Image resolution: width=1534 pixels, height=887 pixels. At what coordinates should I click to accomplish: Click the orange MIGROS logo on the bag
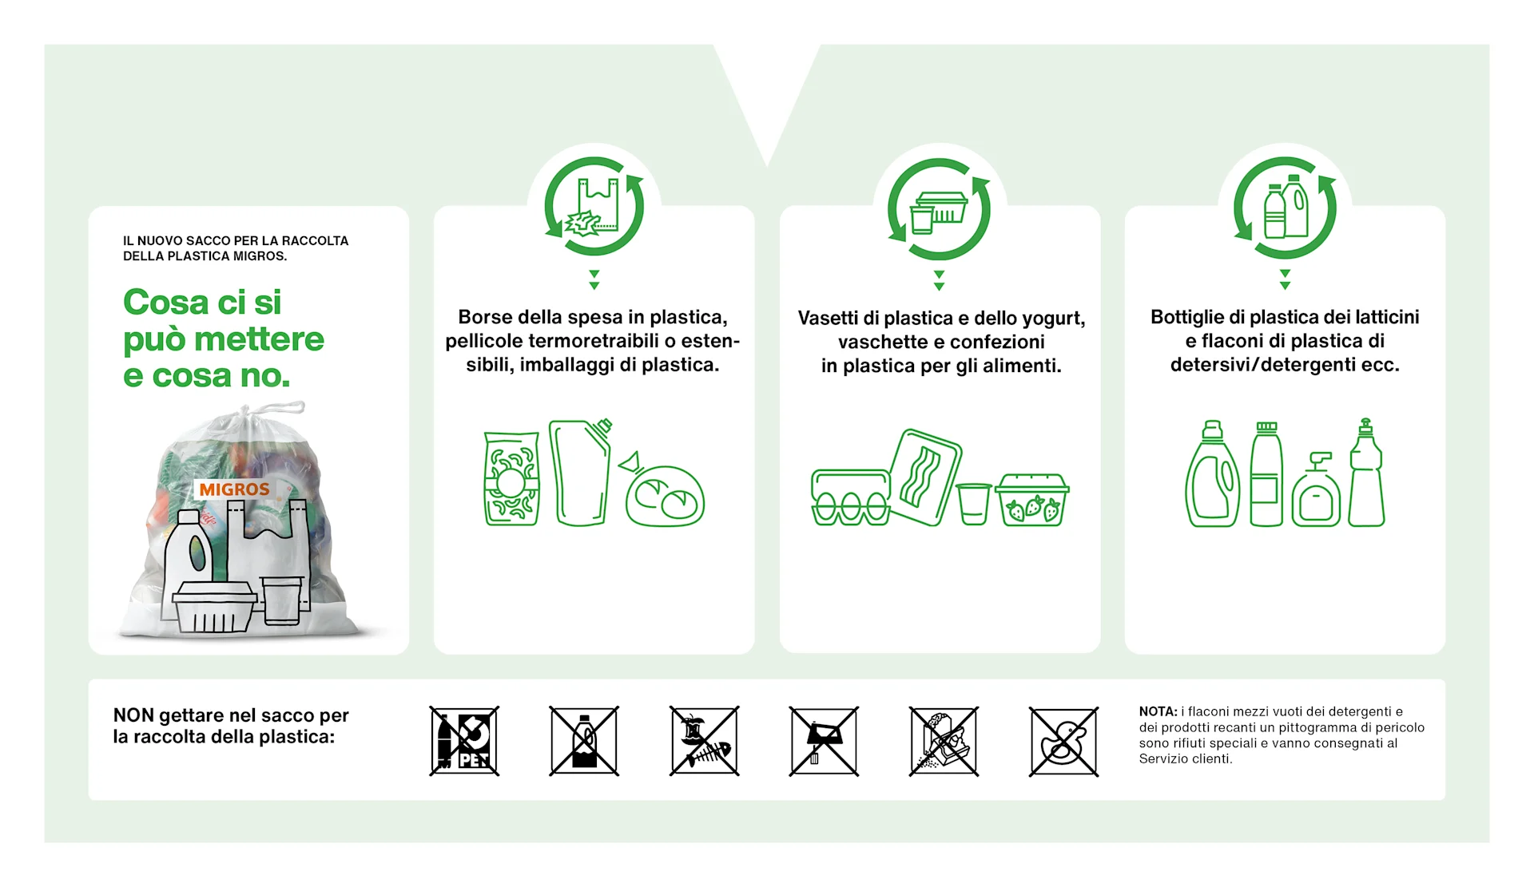click(234, 489)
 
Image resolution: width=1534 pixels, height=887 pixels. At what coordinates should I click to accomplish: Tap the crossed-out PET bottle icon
click(464, 741)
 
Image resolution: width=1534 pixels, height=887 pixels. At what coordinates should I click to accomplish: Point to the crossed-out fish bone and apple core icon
click(704, 741)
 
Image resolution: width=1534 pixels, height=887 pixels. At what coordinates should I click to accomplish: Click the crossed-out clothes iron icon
click(824, 741)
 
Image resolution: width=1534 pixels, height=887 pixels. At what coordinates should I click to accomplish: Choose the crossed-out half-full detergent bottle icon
click(584, 741)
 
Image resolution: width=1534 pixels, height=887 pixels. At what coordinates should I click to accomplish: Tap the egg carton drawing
click(850, 497)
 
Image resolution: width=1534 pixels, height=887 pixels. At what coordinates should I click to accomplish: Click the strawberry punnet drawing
click(1032, 500)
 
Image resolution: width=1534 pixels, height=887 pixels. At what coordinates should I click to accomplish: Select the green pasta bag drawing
click(511, 478)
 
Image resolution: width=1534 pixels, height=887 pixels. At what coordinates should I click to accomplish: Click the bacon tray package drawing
click(925, 477)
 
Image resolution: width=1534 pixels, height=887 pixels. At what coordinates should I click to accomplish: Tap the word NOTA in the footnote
click(1158, 711)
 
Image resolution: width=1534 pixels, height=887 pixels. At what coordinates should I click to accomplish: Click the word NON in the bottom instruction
click(133, 715)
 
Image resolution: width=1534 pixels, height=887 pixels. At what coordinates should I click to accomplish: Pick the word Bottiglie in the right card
click(1187, 318)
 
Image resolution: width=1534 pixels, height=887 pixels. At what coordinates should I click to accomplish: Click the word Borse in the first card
click(485, 317)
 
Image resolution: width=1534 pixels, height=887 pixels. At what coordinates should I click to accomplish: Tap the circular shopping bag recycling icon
click(594, 207)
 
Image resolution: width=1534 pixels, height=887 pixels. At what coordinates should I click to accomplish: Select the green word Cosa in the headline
click(165, 302)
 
